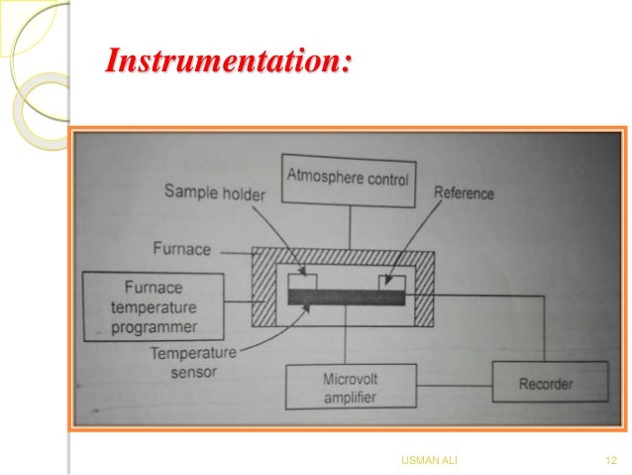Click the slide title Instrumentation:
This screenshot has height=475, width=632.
coord(228,63)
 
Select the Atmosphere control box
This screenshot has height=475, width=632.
coord(348,180)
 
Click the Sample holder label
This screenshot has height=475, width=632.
coord(215,193)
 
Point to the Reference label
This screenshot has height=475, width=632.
coord(464,193)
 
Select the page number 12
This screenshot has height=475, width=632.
coord(610,460)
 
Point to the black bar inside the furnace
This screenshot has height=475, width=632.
coord(346,297)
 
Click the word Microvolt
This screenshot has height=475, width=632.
coord(350,379)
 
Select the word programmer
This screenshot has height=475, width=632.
coord(154,326)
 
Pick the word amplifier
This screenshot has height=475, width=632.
coord(349,399)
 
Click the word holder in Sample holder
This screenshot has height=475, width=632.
coord(243,193)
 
